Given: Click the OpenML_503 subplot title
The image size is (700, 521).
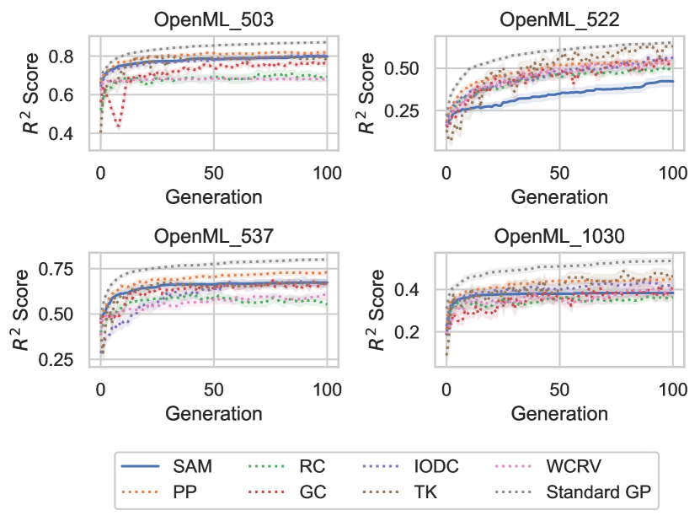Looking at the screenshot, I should click(214, 19).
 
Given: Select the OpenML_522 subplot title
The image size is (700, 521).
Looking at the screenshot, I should click(559, 19).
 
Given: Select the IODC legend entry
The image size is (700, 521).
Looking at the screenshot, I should click(435, 466).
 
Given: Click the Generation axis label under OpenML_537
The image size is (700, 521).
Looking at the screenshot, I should click(214, 413).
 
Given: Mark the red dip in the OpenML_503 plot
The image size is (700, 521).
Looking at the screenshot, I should click(119, 127).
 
